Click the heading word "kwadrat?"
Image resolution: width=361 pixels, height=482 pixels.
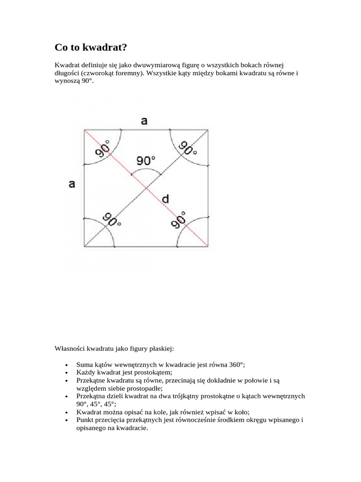pos(104,48)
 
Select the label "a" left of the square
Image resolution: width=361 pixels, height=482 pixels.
pos(72,184)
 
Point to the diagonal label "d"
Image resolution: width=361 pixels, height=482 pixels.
pos(165,200)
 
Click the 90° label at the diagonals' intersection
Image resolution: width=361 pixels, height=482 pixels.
pos(146,161)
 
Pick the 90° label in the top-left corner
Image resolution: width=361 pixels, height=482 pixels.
pos(103,149)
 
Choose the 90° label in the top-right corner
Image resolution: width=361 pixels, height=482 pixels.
pos(188,148)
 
